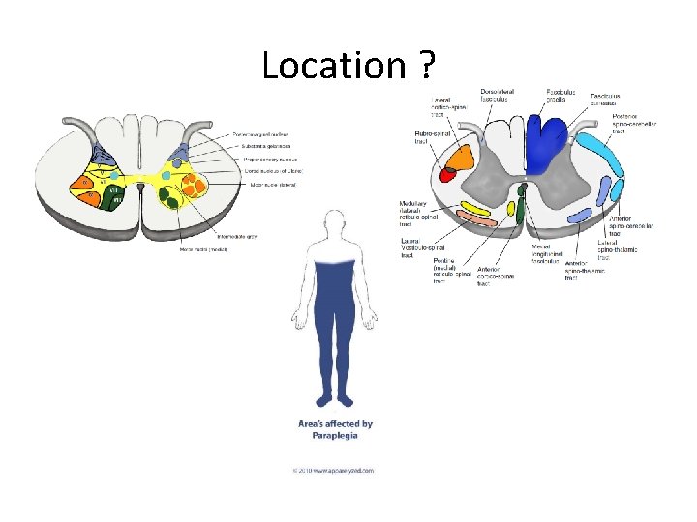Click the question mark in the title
point(427,66)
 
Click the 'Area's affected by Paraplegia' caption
point(335,429)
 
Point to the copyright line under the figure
point(333,471)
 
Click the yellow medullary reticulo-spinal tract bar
point(475,208)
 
